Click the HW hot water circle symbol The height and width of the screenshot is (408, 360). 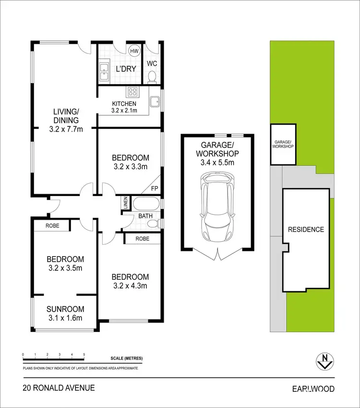coord(134,51)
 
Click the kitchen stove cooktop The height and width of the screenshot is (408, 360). coord(132,92)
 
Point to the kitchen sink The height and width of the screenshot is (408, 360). coord(154,101)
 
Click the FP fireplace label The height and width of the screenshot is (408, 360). coord(154,189)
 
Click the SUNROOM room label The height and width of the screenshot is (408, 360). coord(65,309)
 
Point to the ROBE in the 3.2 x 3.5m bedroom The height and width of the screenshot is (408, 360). coord(52,225)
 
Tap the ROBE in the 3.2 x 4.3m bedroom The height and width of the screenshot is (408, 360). coord(142,238)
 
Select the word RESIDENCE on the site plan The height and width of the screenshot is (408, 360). coord(306,230)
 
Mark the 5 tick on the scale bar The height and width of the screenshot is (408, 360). coord(84,355)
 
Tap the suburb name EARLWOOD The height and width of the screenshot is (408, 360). coord(314,389)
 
